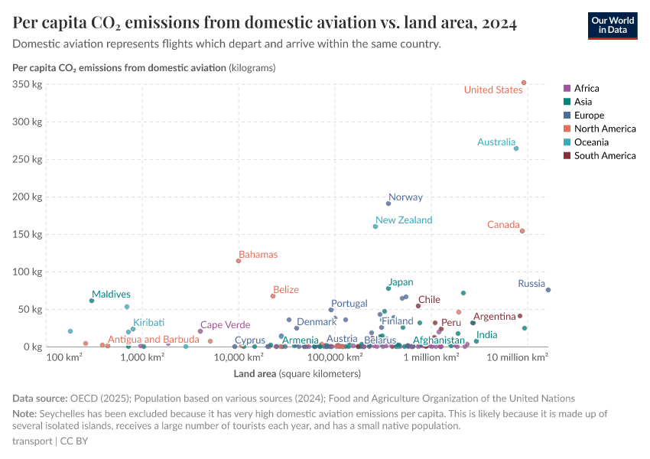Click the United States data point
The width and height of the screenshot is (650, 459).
(x=524, y=83)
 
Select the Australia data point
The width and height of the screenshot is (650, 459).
(x=516, y=148)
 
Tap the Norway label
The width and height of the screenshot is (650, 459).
(x=405, y=197)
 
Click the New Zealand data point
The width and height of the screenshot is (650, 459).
(x=375, y=226)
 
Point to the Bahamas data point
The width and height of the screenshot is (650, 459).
(x=239, y=261)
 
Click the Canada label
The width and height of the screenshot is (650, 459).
(x=503, y=225)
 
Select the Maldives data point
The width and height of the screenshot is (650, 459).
(x=92, y=301)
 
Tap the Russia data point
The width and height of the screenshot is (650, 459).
(x=548, y=290)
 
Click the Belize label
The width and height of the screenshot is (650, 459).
(x=286, y=290)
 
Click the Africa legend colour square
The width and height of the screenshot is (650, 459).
(x=567, y=89)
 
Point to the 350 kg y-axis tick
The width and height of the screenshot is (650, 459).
(x=28, y=84)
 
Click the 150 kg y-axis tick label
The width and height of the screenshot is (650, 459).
(x=28, y=234)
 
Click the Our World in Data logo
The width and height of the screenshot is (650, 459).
(x=612, y=24)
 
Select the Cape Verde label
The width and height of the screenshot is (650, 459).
(x=225, y=325)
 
